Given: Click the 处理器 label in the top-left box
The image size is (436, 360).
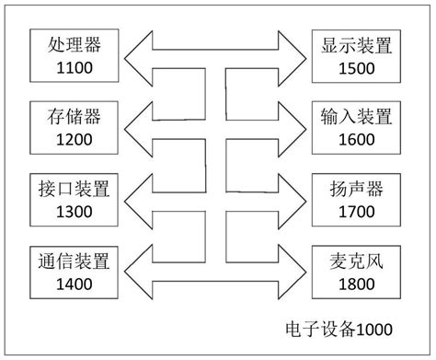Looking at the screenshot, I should pyautogui.click(x=74, y=43).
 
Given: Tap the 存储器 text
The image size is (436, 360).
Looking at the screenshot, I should pyautogui.click(x=74, y=117).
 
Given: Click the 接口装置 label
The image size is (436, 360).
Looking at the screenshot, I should pyautogui.click(x=74, y=190).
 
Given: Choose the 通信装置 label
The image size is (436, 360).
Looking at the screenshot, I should pyautogui.click(x=74, y=261).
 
